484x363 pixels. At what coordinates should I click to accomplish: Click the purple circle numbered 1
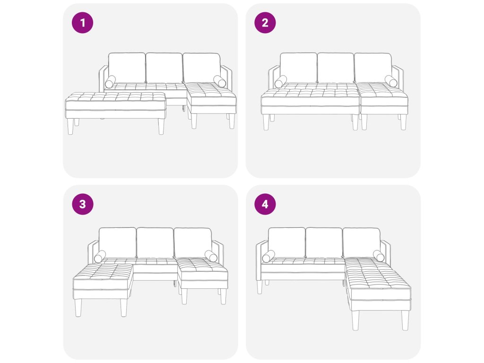82,23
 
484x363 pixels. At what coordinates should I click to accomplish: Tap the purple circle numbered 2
265,23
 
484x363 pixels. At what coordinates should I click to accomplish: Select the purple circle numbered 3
82,204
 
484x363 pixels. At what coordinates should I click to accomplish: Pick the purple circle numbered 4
265,204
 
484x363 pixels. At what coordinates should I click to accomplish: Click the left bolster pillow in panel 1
110,82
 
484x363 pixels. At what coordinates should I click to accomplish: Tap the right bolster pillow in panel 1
219,81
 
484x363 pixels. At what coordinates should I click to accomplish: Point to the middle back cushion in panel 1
164,68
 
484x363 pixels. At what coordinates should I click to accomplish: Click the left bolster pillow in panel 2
281,81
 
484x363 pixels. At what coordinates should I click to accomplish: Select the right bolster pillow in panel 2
391,81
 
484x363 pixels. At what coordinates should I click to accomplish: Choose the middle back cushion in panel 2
336,68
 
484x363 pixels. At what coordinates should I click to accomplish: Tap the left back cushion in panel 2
299,68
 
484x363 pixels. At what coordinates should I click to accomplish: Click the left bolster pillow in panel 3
100,257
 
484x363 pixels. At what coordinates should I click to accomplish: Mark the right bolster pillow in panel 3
211,256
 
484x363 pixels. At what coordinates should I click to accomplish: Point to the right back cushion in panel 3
193,243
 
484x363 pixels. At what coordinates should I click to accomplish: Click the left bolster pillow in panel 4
268,257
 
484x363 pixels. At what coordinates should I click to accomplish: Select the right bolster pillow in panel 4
379,256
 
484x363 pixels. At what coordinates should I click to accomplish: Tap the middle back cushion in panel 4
324,243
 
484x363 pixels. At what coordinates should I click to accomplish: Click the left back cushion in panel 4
287,243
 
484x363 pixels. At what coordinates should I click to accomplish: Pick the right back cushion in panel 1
201,68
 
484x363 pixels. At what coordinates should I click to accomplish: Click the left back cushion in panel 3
117,243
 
